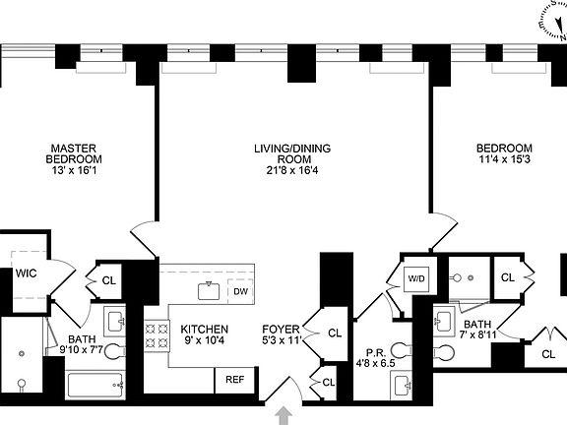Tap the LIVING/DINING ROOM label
click(292, 153)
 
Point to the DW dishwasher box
click(239, 291)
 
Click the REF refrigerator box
click(234, 379)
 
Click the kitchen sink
click(209, 290)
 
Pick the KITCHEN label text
click(205, 330)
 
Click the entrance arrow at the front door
click(283, 415)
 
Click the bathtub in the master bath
click(94, 386)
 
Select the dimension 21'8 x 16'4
click(292, 170)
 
